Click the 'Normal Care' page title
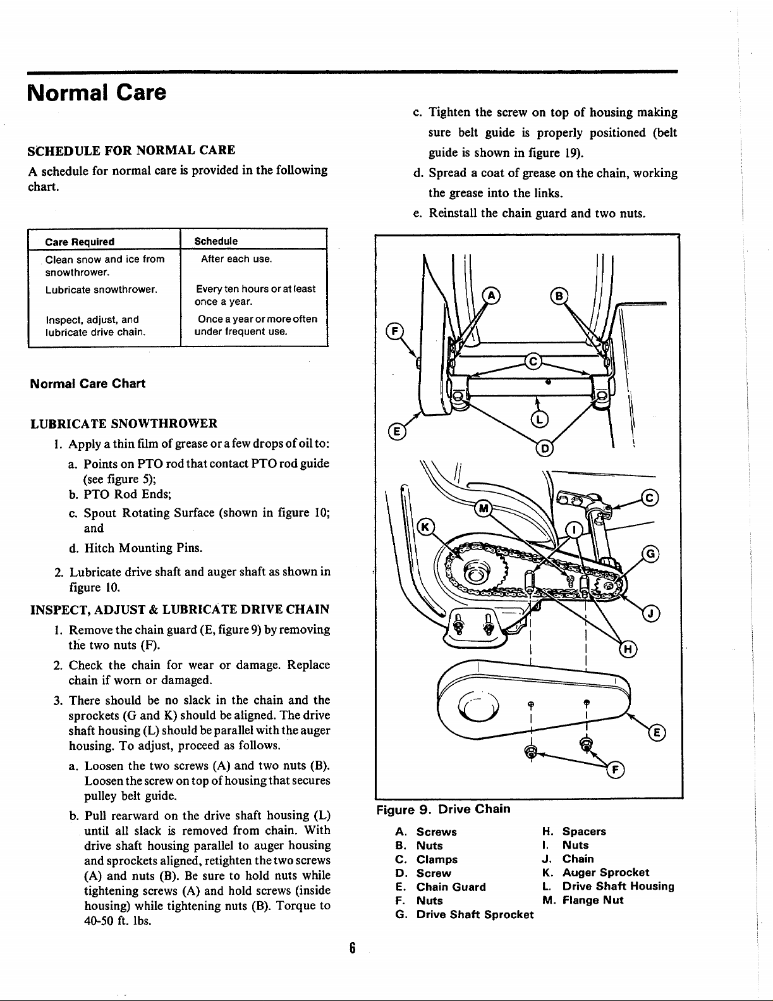click(97, 93)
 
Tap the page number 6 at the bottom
click(353, 947)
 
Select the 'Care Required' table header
click(80, 242)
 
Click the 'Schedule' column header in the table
click(216, 241)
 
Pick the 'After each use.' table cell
click(236, 259)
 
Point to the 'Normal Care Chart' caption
click(88, 384)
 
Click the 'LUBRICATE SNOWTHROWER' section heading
click(124, 423)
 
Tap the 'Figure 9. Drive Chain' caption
click(443, 809)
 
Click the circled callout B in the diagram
click(559, 295)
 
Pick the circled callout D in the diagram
click(544, 448)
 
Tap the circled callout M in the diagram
click(484, 508)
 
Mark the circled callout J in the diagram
click(651, 613)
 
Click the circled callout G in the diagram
click(651, 555)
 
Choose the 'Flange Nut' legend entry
click(593, 900)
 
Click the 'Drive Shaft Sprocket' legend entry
click(475, 914)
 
